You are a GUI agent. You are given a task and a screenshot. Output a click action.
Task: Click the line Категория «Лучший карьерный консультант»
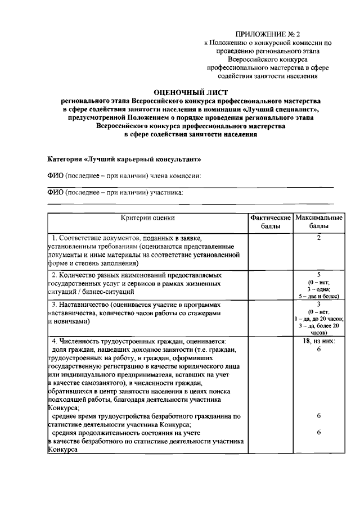pyautogui.click(x=123, y=160)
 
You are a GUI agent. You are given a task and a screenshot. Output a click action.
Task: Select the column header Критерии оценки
pyautogui.click(x=148, y=217)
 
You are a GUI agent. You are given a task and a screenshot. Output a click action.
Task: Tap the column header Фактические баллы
pyautogui.click(x=271, y=221)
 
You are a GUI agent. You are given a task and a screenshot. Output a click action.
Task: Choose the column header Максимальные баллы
pyautogui.click(x=318, y=221)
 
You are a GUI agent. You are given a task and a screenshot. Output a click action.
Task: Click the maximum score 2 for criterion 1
pyautogui.click(x=318, y=238)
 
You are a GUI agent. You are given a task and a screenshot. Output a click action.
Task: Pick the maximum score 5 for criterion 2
pyautogui.click(x=318, y=274)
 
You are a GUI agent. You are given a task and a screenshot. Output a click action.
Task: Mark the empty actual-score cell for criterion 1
pyautogui.click(x=271, y=251)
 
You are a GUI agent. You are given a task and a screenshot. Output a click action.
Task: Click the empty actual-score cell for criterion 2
pyautogui.click(x=271, y=284)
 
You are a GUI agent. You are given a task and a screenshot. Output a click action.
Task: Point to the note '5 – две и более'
pyautogui.click(x=318, y=295)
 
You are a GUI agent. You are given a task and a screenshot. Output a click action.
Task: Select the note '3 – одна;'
pyautogui.click(x=318, y=288)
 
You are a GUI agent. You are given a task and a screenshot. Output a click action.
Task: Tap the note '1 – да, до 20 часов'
pyautogui.click(x=318, y=319)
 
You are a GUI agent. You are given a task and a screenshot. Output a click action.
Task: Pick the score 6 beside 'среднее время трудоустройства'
pyautogui.click(x=318, y=416)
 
